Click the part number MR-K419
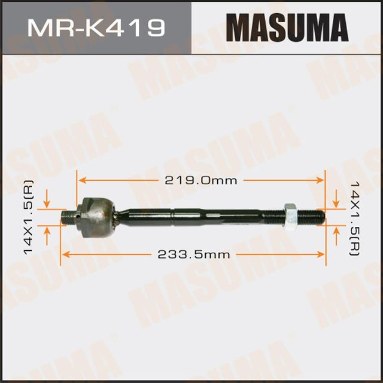click(x=95, y=28)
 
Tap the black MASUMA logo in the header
click(x=287, y=28)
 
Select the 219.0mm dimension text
click(x=202, y=180)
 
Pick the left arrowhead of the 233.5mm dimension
click(x=66, y=254)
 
